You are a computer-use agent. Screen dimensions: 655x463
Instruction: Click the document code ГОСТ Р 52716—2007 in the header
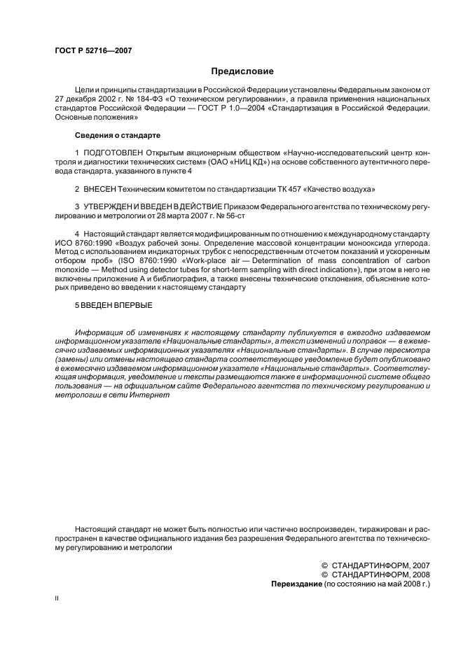coord(92,51)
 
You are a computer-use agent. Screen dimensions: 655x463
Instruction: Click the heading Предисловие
coord(242,71)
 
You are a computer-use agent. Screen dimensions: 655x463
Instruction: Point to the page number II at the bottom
coord(57,599)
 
